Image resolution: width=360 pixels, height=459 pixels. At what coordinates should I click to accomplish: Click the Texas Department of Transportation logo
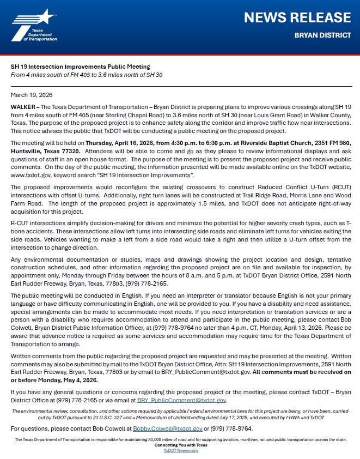point(33,25)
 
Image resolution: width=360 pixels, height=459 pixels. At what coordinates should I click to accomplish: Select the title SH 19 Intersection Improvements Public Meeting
point(80,67)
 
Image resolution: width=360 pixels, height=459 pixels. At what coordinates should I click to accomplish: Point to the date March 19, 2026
point(30,95)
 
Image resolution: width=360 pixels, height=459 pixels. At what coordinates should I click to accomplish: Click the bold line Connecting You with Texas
point(180,445)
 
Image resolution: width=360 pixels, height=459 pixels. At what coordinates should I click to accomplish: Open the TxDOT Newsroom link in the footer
point(180,451)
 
